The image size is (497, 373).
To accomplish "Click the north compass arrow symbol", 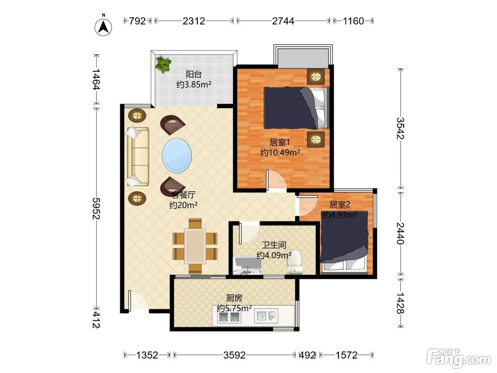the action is pos(103,27).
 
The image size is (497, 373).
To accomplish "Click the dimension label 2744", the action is pos(283,21).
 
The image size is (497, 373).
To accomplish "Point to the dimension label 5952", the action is pos(96,209).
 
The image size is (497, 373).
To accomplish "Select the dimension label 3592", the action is pos(234,355).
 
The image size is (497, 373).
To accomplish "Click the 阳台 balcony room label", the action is pos(193,74).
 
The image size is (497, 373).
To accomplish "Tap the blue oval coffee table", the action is pos(176,156).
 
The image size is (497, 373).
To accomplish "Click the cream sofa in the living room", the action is pos(138,157).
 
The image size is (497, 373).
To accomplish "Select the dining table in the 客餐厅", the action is pos(195,246).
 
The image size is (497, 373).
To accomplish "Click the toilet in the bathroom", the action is pos(295,262).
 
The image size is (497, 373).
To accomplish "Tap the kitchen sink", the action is pos(266,316).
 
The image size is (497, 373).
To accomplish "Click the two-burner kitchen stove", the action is pos(229,317).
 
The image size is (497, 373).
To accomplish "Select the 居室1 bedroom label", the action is pos(280,142).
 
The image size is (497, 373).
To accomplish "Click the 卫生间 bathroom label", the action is pos(274,245).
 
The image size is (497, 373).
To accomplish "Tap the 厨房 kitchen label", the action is pos(234,298).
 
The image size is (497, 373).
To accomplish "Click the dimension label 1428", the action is pos(400,303).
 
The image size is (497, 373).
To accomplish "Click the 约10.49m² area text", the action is pos(280,153).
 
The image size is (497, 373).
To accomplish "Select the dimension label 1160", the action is pos(354,21).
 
